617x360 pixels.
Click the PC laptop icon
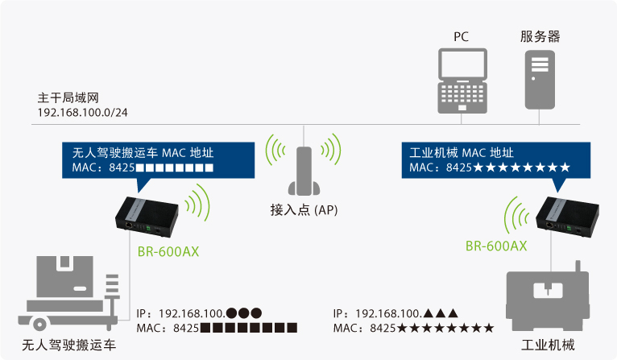(x=462, y=81)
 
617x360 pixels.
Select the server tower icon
(x=540, y=81)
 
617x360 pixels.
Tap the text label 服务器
(x=540, y=36)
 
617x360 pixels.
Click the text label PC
(x=462, y=36)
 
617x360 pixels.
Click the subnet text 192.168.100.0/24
(x=82, y=112)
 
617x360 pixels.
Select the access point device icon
(x=304, y=172)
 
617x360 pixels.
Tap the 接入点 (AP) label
(x=304, y=210)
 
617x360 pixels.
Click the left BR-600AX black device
(x=151, y=216)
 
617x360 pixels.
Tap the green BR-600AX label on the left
(x=168, y=251)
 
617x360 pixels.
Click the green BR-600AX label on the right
(x=496, y=246)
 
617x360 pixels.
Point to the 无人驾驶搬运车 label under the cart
(x=68, y=346)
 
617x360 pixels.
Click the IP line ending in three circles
(x=199, y=312)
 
